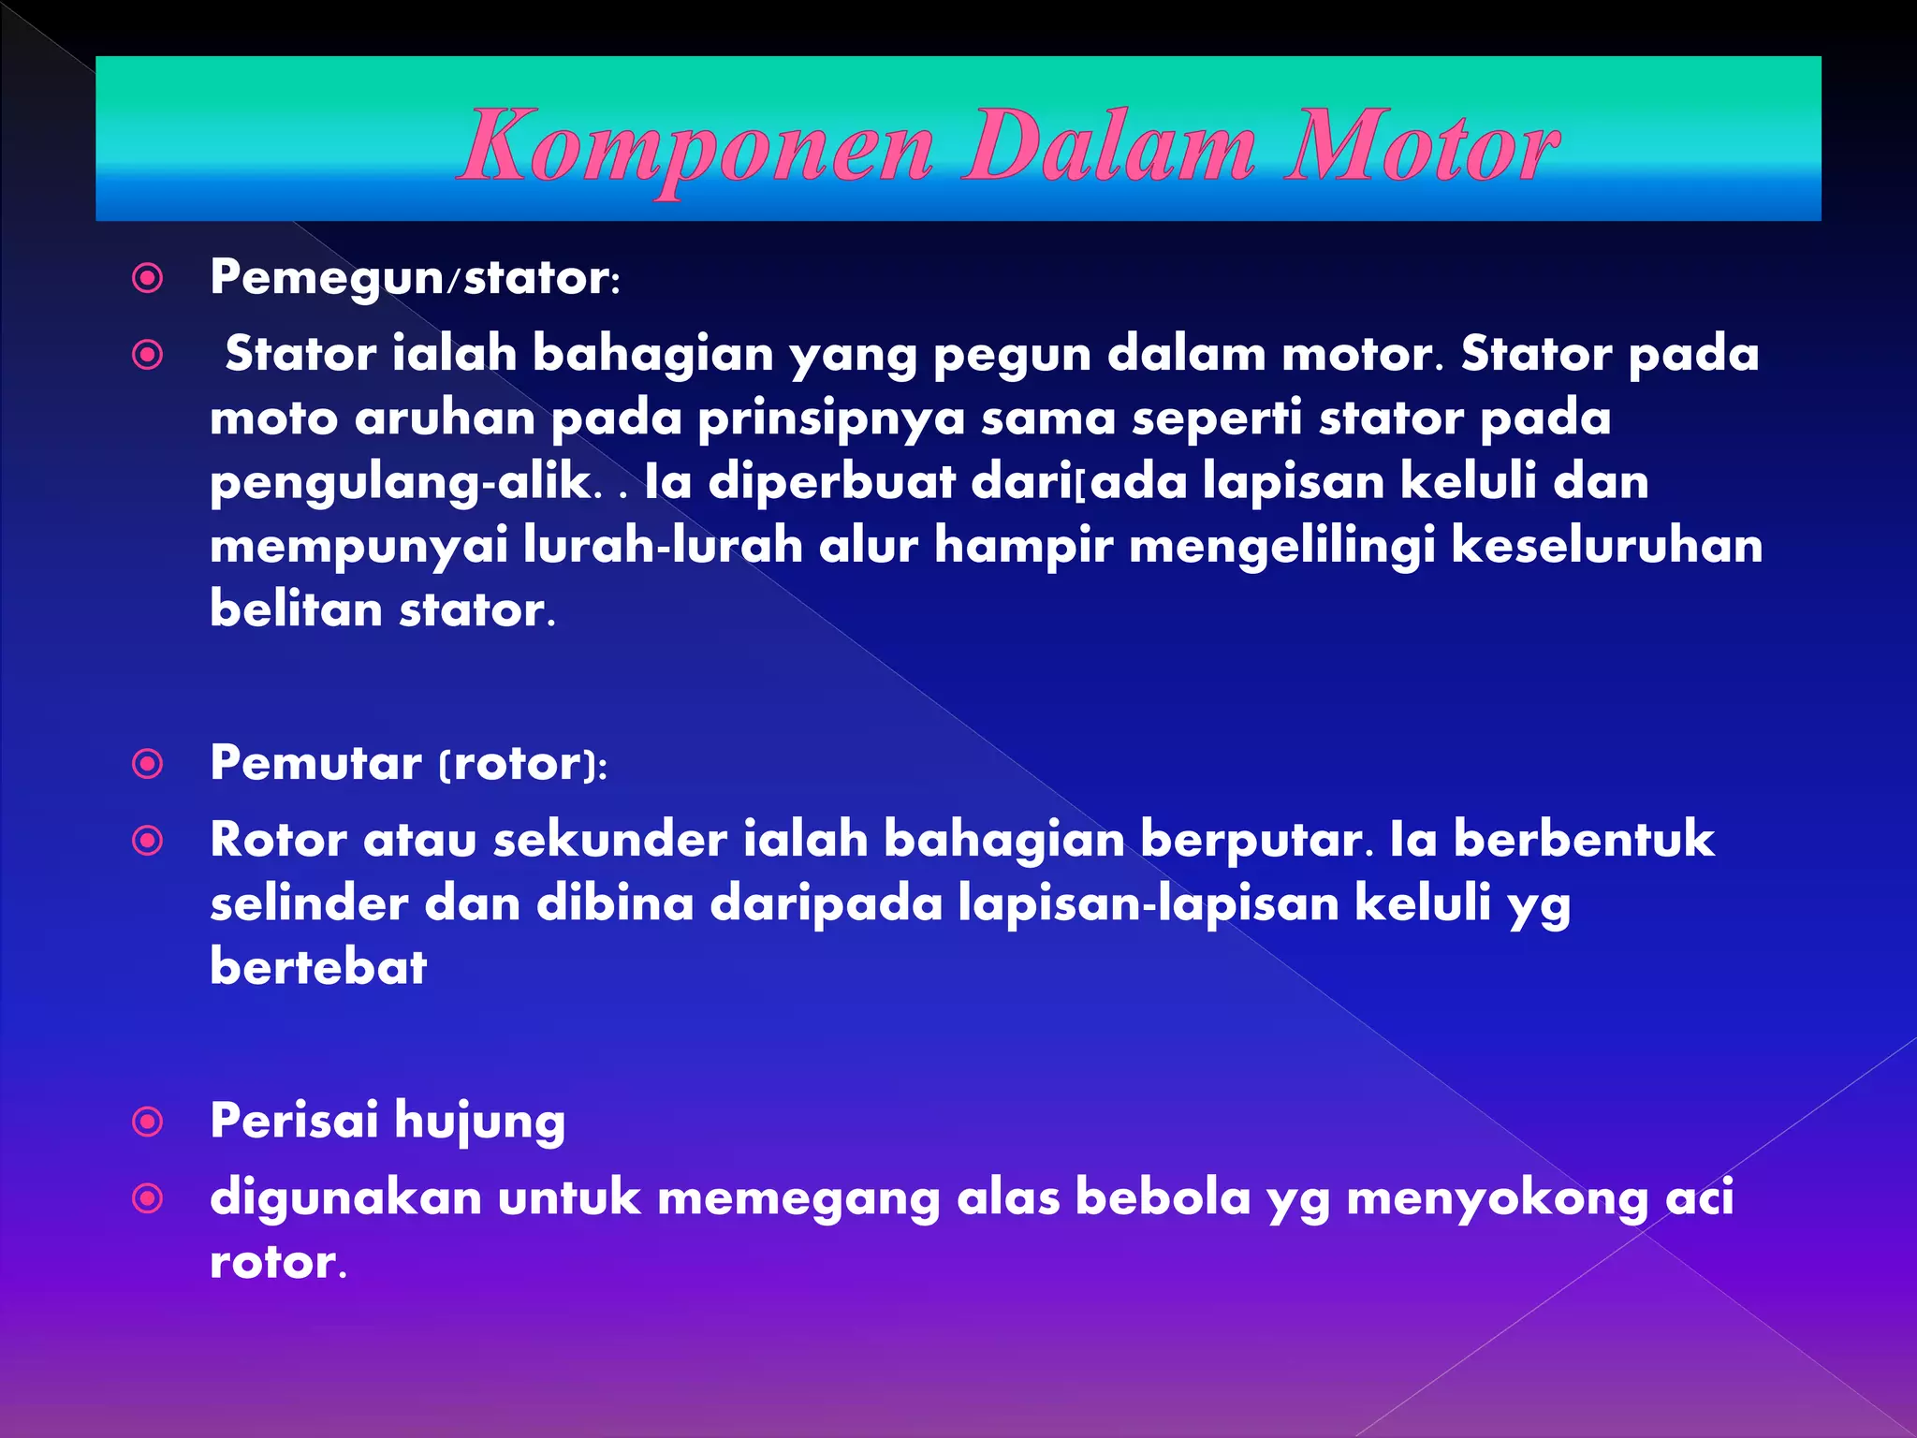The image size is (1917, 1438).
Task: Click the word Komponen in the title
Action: pos(697,148)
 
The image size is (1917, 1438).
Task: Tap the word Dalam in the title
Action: pos(1109,148)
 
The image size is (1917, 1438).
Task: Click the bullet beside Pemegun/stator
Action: pos(148,278)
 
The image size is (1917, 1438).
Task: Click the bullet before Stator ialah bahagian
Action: pos(148,355)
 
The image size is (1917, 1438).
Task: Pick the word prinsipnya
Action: pos(831,418)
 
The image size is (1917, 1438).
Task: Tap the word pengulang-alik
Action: pos(401,483)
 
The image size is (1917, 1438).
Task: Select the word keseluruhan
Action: pos(1606,546)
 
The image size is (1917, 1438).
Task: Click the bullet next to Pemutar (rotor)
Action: pos(148,764)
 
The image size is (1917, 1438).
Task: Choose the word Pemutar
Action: pos(315,763)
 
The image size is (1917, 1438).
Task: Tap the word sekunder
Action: pos(610,839)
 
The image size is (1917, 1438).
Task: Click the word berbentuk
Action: pos(1584,839)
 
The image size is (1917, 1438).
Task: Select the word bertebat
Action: pos(318,967)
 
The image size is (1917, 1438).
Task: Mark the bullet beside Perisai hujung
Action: pos(148,1122)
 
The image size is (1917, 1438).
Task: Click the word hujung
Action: pos(480,1122)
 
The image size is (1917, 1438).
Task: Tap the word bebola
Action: pos(1163,1197)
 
